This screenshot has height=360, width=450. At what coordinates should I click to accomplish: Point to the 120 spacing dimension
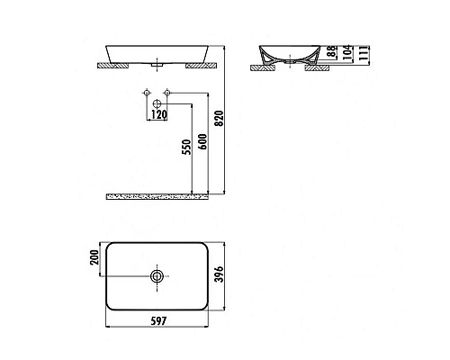(158, 114)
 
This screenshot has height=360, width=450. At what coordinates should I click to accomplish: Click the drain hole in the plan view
(158, 277)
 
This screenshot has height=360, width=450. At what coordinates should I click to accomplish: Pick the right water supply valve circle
(168, 94)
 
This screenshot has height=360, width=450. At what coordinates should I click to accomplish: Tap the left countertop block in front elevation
(114, 67)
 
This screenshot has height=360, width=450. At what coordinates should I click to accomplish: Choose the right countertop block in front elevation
(199, 67)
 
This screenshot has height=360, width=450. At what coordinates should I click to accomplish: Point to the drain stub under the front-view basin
(158, 66)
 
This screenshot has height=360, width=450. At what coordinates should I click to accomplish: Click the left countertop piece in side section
(267, 67)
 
